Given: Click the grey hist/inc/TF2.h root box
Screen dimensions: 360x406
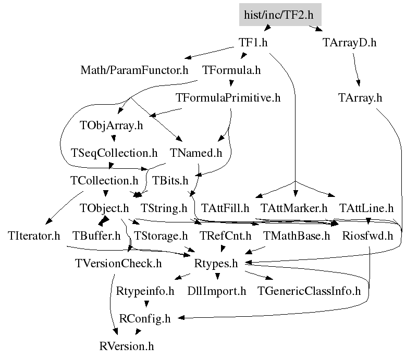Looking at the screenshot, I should coord(280,15).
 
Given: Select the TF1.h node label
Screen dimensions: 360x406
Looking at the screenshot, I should coord(253,43).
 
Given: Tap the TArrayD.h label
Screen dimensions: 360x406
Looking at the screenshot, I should coord(349,43).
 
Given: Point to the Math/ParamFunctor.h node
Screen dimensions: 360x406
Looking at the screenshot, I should coord(134,70).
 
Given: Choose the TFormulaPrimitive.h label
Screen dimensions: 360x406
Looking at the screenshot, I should coord(228,98).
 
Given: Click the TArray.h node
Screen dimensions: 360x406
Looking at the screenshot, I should coord(360,98).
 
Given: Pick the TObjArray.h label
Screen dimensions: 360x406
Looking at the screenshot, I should coord(111,126).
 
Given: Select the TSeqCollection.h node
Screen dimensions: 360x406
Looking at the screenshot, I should coord(114,153).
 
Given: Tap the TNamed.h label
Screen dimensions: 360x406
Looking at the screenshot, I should coord(196,153).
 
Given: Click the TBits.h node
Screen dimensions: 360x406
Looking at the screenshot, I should coord(170,181).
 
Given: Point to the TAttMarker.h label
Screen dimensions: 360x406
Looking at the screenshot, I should coord(294,208).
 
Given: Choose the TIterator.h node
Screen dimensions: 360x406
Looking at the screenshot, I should coord(34,236).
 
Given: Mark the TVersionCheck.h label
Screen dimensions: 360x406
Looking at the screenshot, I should coord(118,264).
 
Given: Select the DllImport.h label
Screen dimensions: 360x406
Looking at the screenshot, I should coord(216,291).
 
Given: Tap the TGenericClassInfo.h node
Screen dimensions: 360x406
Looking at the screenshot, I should coord(309,291).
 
